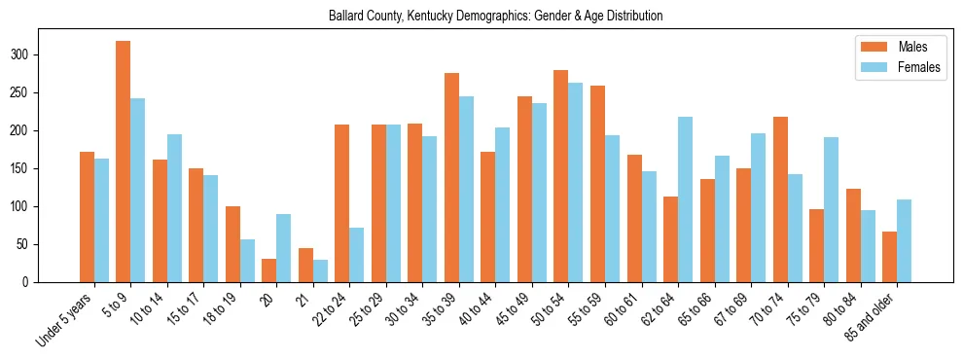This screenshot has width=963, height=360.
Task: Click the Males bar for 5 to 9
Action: pyautogui.click(x=124, y=162)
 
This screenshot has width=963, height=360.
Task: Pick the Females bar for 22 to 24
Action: pyautogui.click(x=357, y=255)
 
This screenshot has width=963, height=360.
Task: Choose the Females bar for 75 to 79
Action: pyautogui.click(x=832, y=210)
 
